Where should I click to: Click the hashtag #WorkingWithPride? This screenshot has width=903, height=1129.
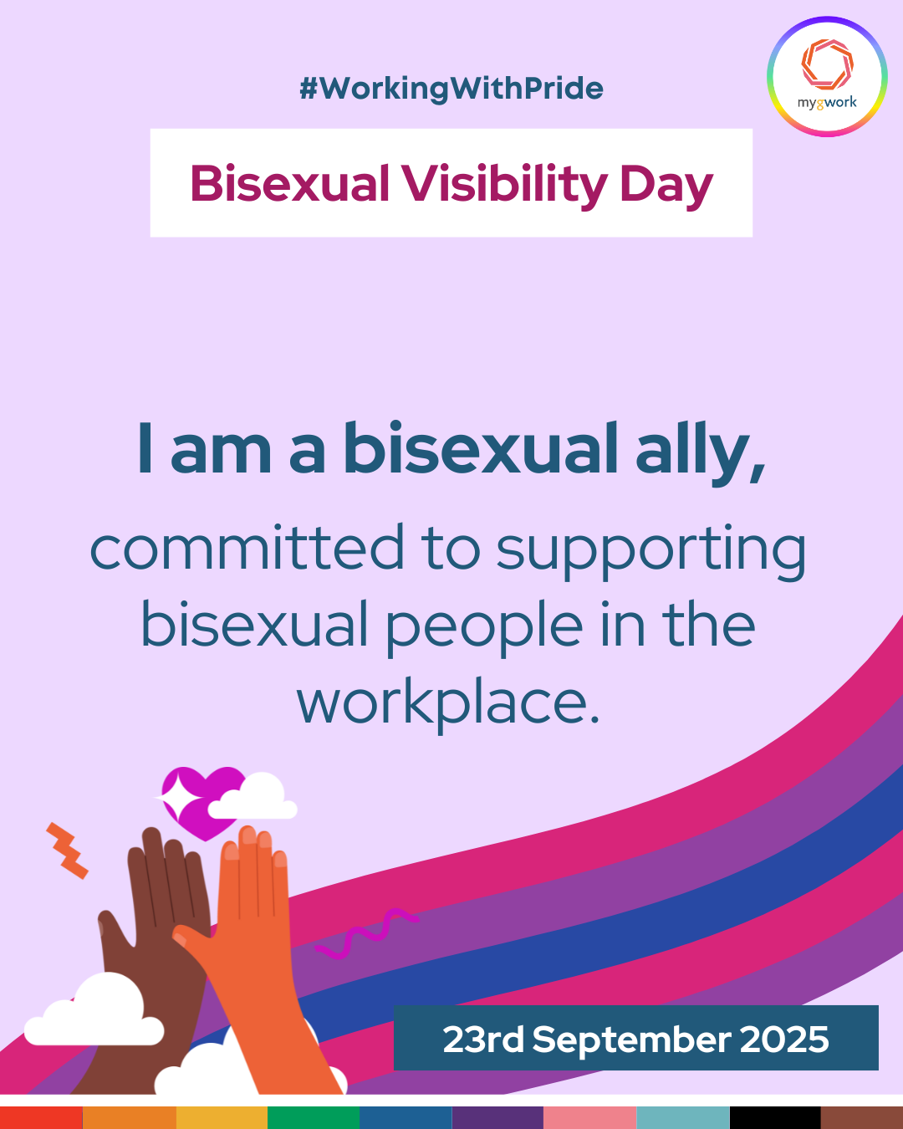click(451, 88)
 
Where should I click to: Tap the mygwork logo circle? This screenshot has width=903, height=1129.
click(827, 77)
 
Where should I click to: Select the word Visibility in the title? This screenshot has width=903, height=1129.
click(504, 184)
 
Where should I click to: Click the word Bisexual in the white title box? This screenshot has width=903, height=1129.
click(289, 183)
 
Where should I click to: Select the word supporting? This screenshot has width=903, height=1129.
click(650, 553)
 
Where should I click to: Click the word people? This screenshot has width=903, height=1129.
click(485, 629)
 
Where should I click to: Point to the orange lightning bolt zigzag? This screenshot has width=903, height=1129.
click(67, 851)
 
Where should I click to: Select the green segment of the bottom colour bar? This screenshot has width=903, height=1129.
click(314, 1118)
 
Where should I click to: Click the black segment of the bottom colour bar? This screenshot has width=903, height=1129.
click(775, 1118)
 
